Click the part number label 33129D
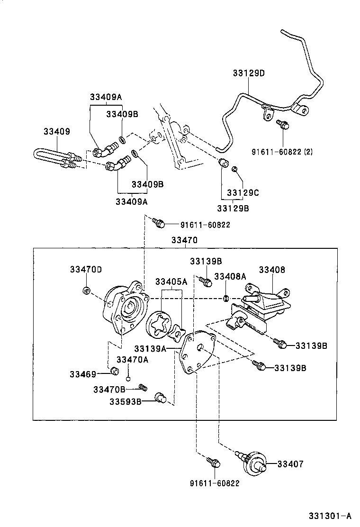248,73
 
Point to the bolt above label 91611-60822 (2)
283,125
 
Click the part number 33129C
243,193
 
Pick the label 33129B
233,208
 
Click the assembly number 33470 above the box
184,241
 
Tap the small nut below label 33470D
86,290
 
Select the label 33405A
171,282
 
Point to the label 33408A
230,276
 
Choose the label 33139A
149,349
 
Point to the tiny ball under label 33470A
128,379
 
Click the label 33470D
86,269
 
